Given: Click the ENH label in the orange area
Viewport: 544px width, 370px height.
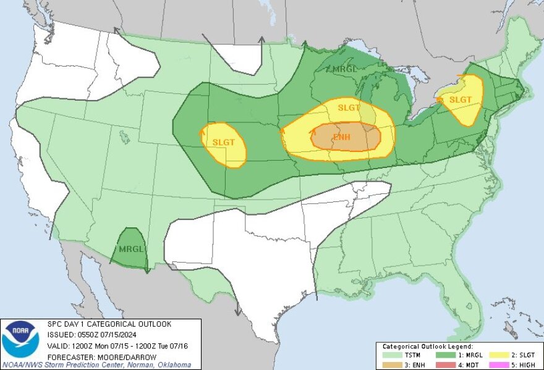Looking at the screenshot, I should [342, 136].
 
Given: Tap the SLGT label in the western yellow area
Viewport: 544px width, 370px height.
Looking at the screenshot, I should [224, 142].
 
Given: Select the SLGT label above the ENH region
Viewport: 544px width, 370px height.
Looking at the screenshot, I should [349, 107].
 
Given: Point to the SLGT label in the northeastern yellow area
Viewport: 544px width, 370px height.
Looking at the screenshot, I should [461, 99].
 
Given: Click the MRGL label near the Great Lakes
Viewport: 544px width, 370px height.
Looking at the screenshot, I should [344, 69].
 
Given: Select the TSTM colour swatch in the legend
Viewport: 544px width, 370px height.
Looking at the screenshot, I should [393, 355].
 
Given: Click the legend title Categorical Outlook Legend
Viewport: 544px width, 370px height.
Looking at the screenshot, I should [427, 347].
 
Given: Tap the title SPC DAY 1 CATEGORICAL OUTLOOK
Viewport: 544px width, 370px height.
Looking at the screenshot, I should [109, 324].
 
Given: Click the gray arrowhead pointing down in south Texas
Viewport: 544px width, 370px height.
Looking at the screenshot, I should [238, 312].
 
